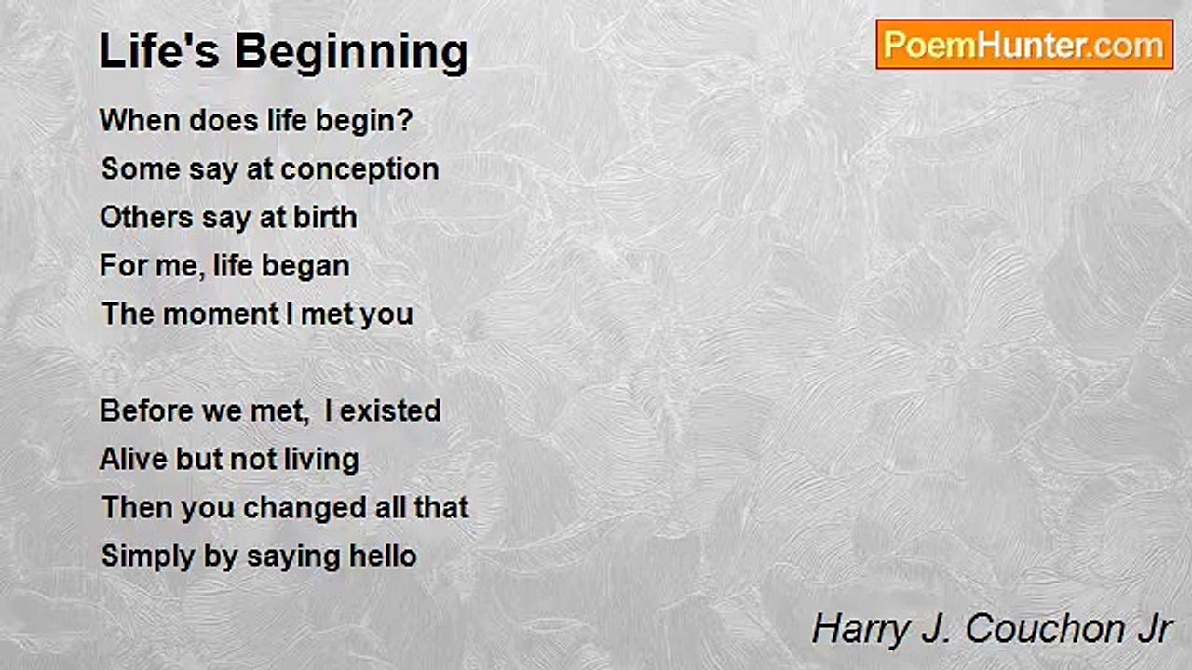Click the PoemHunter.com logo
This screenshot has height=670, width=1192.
point(1024,45)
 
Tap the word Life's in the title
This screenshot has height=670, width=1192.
point(159,50)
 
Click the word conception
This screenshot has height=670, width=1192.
point(359,170)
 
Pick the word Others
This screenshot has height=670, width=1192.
point(146,218)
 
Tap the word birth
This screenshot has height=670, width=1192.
point(325,217)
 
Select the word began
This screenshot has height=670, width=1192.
point(305,267)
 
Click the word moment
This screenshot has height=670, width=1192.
point(221,314)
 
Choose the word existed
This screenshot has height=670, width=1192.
point(390,410)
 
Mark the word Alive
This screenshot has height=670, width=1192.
point(133,459)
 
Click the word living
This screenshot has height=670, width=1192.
point(321,461)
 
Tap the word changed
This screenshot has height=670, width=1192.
point(305,508)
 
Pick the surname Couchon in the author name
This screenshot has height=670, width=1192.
point(1042,630)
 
